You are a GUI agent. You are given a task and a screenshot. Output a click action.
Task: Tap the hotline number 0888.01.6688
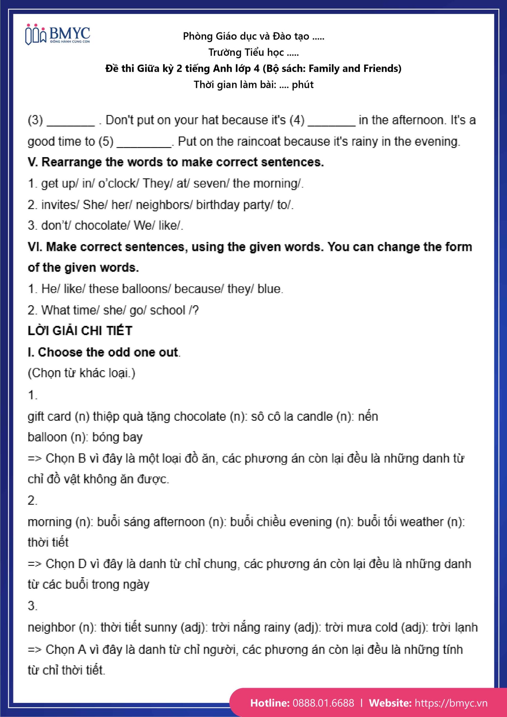(x=323, y=703)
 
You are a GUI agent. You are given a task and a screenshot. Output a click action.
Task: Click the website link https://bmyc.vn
(x=451, y=703)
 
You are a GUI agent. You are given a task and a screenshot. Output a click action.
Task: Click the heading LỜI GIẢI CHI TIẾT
(x=80, y=331)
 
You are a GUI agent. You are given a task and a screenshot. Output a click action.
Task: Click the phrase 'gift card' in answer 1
(x=49, y=416)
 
